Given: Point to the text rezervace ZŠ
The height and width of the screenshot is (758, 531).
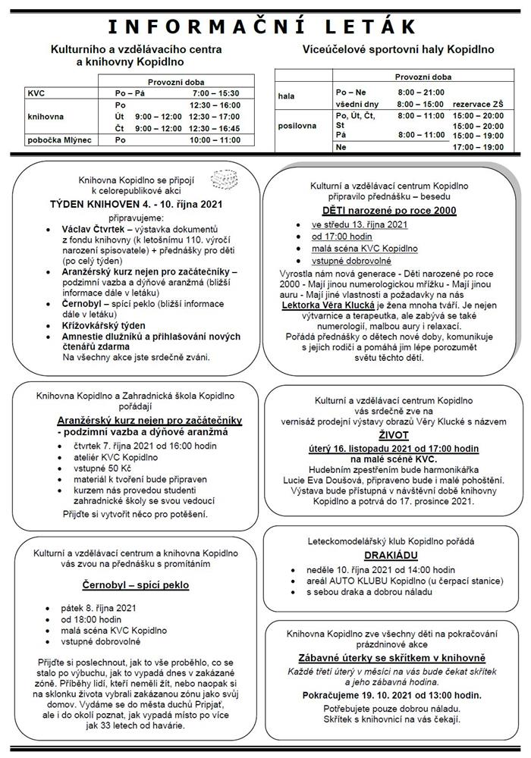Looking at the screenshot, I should point(477,103).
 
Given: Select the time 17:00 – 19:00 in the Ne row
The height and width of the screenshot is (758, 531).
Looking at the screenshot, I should point(477,147).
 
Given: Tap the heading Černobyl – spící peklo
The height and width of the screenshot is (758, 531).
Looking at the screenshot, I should point(135,584).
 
